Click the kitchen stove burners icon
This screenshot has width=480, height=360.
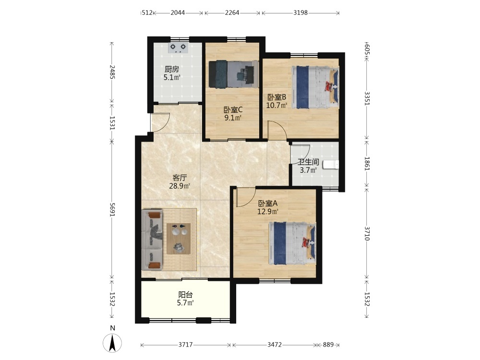pyautogui.click(x=178, y=48)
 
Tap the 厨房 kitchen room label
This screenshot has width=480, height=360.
pyautogui.click(x=172, y=70)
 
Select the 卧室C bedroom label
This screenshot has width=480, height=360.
pyautogui.click(x=233, y=109)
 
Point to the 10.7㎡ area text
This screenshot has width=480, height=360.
pyautogui.click(x=276, y=106)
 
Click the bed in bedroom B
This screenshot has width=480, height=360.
pyautogui.click(x=315, y=87)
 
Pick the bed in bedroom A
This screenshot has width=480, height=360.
pyautogui.click(x=292, y=243)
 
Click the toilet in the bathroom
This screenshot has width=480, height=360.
pyautogui.click(x=331, y=165)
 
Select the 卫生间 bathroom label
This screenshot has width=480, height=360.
pyautogui.click(x=308, y=162)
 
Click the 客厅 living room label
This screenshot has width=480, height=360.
pyautogui.click(x=180, y=178)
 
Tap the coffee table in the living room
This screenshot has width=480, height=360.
pyautogui.click(x=179, y=239)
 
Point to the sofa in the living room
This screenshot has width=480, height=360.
pyautogui.click(x=152, y=240)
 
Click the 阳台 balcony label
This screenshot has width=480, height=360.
pyautogui.click(x=185, y=295)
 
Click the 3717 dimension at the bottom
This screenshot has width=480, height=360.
pyautogui.click(x=185, y=345)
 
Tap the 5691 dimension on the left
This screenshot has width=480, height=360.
pyautogui.click(x=112, y=210)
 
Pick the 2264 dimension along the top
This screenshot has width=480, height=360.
pyautogui.click(x=232, y=13)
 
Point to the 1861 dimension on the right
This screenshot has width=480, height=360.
pyautogui.click(x=367, y=164)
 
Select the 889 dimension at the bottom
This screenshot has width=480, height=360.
pyautogui.click(x=328, y=345)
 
